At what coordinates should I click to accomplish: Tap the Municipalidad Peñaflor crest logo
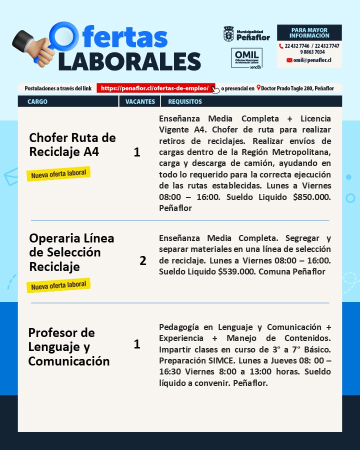point(228,34)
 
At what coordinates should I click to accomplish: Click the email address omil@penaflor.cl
point(312,60)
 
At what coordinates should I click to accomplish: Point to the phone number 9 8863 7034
point(312,52)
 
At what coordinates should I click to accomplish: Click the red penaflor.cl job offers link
point(155,88)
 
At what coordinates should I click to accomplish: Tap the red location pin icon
point(258,88)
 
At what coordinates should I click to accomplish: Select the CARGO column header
point(37,101)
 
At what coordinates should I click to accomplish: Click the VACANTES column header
point(140,101)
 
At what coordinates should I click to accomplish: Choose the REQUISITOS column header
point(185,101)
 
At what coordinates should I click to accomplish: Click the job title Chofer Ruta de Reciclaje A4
point(72,144)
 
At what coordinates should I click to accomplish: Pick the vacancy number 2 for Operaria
point(143,260)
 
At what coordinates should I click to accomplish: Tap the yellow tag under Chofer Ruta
point(58,174)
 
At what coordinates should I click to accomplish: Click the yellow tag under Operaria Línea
point(58,285)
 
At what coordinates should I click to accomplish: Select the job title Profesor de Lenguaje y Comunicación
point(68,346)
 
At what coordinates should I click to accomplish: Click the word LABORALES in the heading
point(129,61)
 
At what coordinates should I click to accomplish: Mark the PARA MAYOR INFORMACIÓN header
point(309,33)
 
